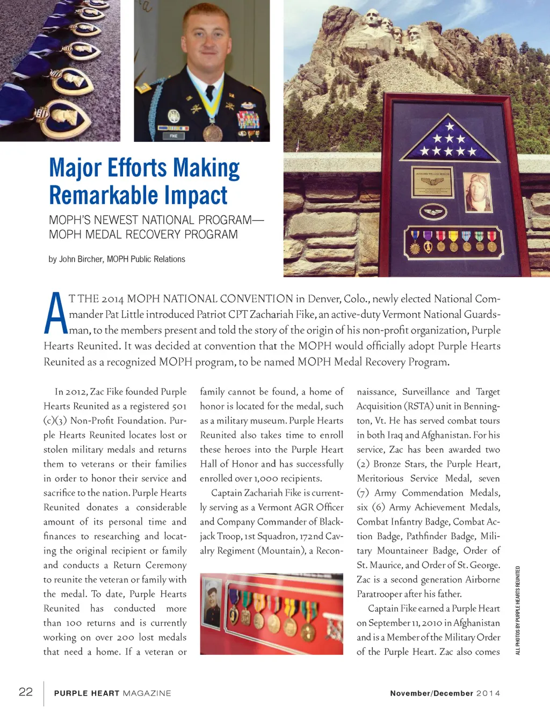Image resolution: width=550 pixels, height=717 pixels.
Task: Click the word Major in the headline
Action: click(75, 168)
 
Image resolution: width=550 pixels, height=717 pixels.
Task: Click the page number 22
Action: click(26, 692)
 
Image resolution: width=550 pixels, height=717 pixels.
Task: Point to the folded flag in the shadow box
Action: click(449, 140)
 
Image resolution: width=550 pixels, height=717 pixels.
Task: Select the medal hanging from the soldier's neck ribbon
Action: click(213, 132)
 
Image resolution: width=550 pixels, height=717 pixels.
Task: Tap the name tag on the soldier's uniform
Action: click(173, 136)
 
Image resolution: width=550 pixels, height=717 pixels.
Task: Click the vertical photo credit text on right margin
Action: click(518, 610)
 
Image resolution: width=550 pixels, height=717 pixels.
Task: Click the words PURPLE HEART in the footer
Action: click(86, 693)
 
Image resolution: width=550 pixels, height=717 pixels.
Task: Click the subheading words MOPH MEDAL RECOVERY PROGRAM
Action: click(143, 234)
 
